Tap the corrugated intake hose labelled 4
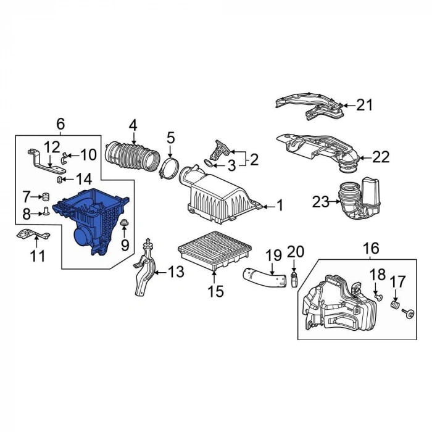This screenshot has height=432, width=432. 132,156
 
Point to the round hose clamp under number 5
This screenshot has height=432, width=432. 169,167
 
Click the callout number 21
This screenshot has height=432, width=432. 364,105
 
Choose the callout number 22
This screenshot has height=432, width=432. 381,157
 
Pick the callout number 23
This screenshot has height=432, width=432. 320,202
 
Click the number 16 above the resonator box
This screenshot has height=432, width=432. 371,248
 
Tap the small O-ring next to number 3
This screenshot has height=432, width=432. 209,164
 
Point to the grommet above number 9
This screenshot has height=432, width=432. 125,223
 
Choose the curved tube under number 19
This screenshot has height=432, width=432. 265,279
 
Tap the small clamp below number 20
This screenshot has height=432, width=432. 294,280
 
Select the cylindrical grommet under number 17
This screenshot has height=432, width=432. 396,305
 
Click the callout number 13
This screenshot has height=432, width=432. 176,272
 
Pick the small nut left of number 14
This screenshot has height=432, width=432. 59,180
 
